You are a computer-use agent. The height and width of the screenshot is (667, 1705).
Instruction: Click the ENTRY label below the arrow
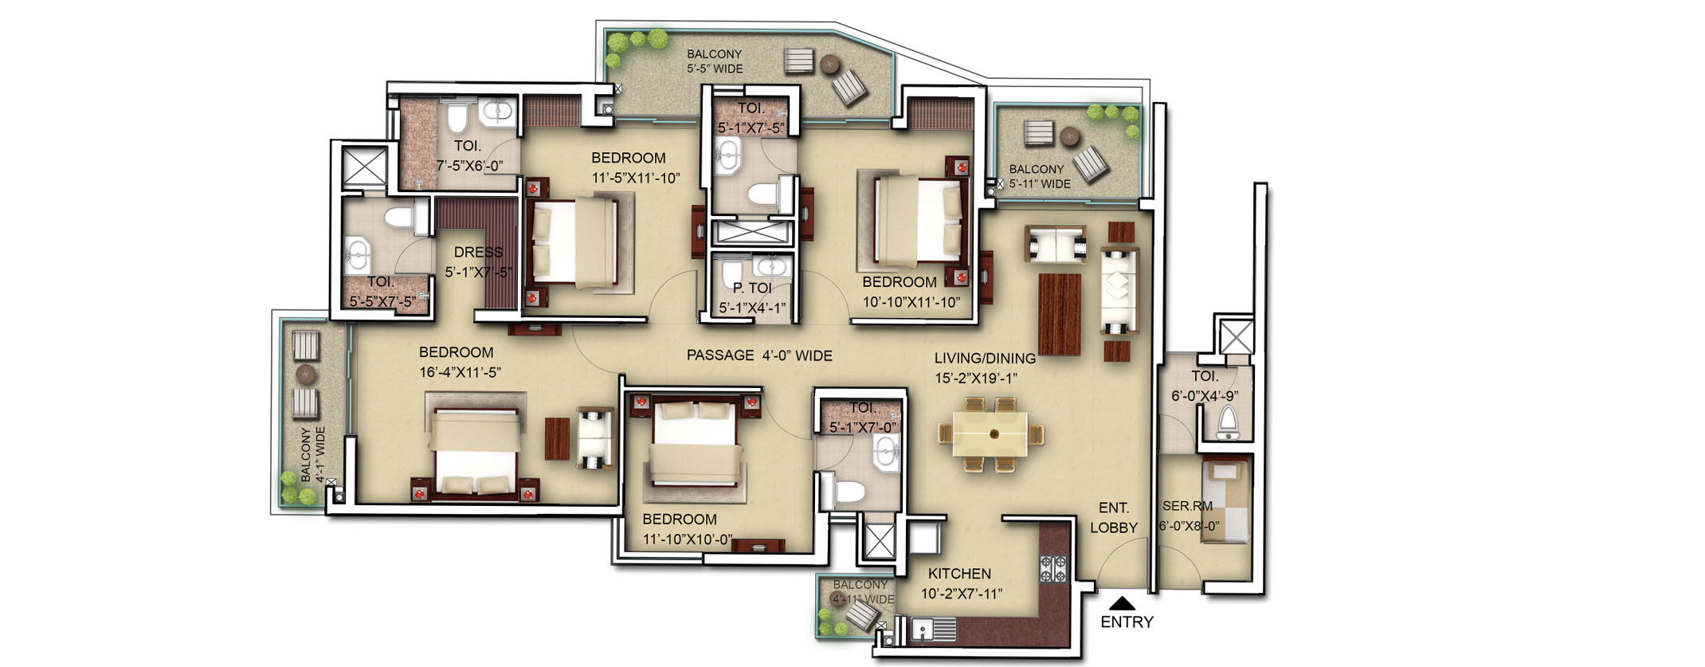(1127, 622)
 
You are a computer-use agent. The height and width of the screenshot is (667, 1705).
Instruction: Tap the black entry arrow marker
(1122, 603)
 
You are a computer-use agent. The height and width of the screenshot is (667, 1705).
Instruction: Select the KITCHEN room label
(959, 574)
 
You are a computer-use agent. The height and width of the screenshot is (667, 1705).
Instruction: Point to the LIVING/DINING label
(985, 359)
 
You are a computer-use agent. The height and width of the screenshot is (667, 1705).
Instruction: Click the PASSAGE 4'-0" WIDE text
(759, 355)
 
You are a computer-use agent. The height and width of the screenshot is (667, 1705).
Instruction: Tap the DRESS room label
(478, 253)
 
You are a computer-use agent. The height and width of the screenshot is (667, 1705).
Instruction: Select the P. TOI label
(752, 288)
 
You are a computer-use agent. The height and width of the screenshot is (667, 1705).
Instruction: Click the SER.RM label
(1187, 506)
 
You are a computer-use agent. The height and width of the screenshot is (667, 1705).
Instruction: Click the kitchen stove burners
(1054, 567)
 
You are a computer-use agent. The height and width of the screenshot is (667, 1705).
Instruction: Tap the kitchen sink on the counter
(923, 630)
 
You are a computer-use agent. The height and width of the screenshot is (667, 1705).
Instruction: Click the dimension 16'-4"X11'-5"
(460, 372)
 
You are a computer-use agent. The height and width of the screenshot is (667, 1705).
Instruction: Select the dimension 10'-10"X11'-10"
(911, 303)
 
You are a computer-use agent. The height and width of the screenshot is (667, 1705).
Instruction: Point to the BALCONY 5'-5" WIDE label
(715, 61)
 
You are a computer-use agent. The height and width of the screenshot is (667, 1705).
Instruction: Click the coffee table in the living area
(1060, 314)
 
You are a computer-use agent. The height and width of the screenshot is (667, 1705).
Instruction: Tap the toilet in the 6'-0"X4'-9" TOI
(1228, 422)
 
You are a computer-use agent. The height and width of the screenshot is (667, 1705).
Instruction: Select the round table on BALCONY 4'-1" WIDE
(306, 374)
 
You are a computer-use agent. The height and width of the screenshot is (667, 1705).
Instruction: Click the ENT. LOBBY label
(1113, 517)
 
